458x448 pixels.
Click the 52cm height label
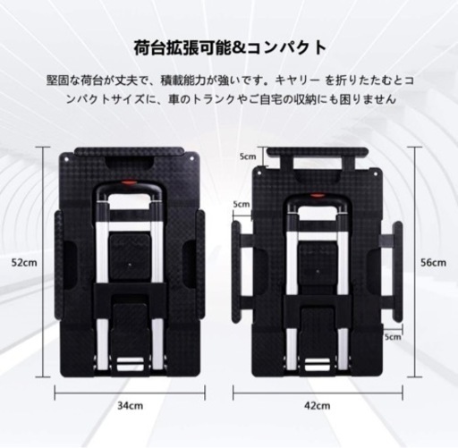[x=24, y=263]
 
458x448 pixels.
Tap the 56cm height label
[x=434, y=263]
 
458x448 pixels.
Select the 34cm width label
[x=130, y=406]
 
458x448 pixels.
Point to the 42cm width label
[x=318, y=406]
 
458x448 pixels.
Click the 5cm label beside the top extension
[x=248, y=156]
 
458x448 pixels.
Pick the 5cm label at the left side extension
[x=242, y=204]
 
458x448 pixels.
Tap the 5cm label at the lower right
[x=393, y=337]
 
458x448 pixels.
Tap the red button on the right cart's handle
[x=317, y=196]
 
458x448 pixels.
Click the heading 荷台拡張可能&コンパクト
[x=230, y=47]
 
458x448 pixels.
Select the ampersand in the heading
[x=239, y=48]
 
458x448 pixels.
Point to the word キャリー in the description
[x=297, y=80]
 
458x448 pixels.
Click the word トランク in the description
[x=214, y=99]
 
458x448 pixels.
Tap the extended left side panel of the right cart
[x=237, y=271]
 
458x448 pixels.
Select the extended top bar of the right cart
[x=318, y=152]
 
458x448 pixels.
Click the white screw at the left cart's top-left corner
[x=66, y=159]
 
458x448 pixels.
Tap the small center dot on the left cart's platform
[x=130, y=264]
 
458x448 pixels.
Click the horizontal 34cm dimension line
[x=130, y=393]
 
